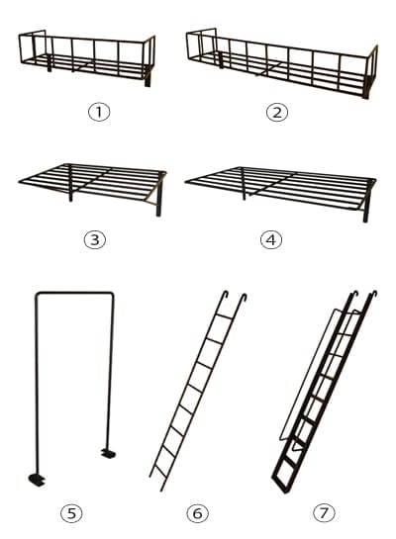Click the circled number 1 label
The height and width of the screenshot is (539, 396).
[99, 112]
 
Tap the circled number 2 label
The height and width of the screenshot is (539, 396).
[277, 112]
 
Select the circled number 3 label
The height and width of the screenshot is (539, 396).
[95, 240]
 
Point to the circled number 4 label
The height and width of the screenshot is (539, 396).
[271, 240]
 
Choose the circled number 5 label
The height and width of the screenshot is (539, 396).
[71, 513]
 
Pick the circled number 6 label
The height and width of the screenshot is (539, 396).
[197, 513]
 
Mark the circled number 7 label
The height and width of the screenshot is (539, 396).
[324, 513]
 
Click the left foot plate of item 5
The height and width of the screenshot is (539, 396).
[37, 480]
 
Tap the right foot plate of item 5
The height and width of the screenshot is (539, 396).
[108, 453]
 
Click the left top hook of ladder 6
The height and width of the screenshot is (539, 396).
[226, 295]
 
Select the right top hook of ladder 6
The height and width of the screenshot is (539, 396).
[244, 298]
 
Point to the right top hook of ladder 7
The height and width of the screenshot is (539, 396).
[373, 295]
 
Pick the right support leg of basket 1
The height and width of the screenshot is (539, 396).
[148, 76]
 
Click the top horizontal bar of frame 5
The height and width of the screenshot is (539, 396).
[74, 293]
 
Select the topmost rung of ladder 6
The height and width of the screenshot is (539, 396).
[224, 316]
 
